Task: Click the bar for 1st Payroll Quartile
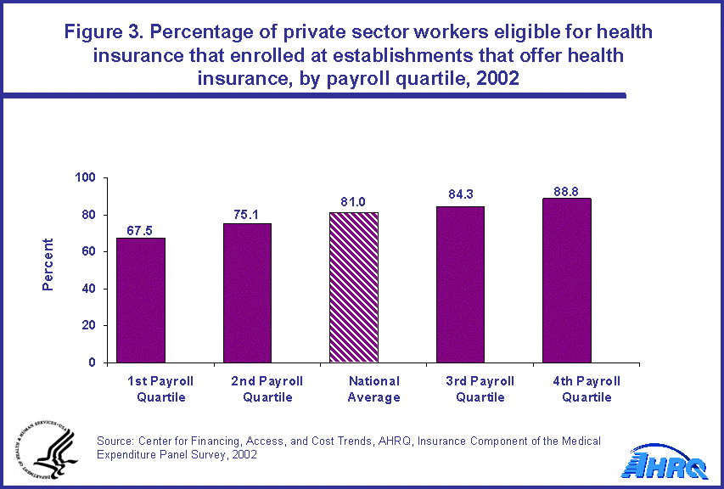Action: [x=141, y=300]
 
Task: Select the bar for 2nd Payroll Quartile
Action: [x=247, y=293]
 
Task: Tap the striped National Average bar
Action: [x=353, y=287]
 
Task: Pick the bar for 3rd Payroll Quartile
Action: [x=460, y=284]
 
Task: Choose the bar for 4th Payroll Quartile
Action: [x=566, y=280]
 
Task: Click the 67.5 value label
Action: [x=141, y=230]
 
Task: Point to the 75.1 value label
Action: [x=247, y=216]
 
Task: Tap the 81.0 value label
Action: [x=353, y=205]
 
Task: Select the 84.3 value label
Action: [x=460, y=194]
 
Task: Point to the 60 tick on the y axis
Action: [x=88, y=251]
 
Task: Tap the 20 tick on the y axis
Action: [x=88, y=325]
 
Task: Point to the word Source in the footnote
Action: [x=115, y=441]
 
